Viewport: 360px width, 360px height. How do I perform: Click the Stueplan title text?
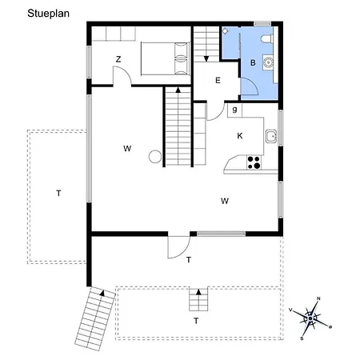(x=48, y=14)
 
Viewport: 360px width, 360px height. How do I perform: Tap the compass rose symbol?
(x=310, y=318)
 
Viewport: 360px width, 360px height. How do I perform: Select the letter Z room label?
(x=118, y=59)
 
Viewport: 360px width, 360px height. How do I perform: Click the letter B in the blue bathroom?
(x=253, y=62)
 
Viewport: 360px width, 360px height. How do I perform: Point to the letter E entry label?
(x=218, y=80)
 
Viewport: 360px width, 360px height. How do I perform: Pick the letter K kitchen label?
(x=240, y=136)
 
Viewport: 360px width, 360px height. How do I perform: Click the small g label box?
(x=234, y=110)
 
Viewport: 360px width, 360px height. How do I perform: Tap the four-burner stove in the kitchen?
(x=254, y=162)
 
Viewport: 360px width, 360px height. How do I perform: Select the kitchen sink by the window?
(x=271, y=136)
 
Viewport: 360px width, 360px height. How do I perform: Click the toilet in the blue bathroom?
(x=267, y=39)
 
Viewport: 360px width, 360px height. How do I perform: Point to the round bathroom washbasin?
(x=267, y=62)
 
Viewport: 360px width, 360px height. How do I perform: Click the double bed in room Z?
(x=165, y=58)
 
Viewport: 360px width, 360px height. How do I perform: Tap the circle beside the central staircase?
(x=155, y=157)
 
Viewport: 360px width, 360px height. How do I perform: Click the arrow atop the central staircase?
(x=178, y=90)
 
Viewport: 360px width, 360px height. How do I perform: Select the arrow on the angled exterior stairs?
(x=102, y=293)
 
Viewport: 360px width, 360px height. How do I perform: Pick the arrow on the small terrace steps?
(x=198, y=292)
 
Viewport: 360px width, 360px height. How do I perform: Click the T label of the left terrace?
(x=58, y=193)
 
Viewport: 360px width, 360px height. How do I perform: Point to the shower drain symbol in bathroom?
(x=226, y=31)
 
